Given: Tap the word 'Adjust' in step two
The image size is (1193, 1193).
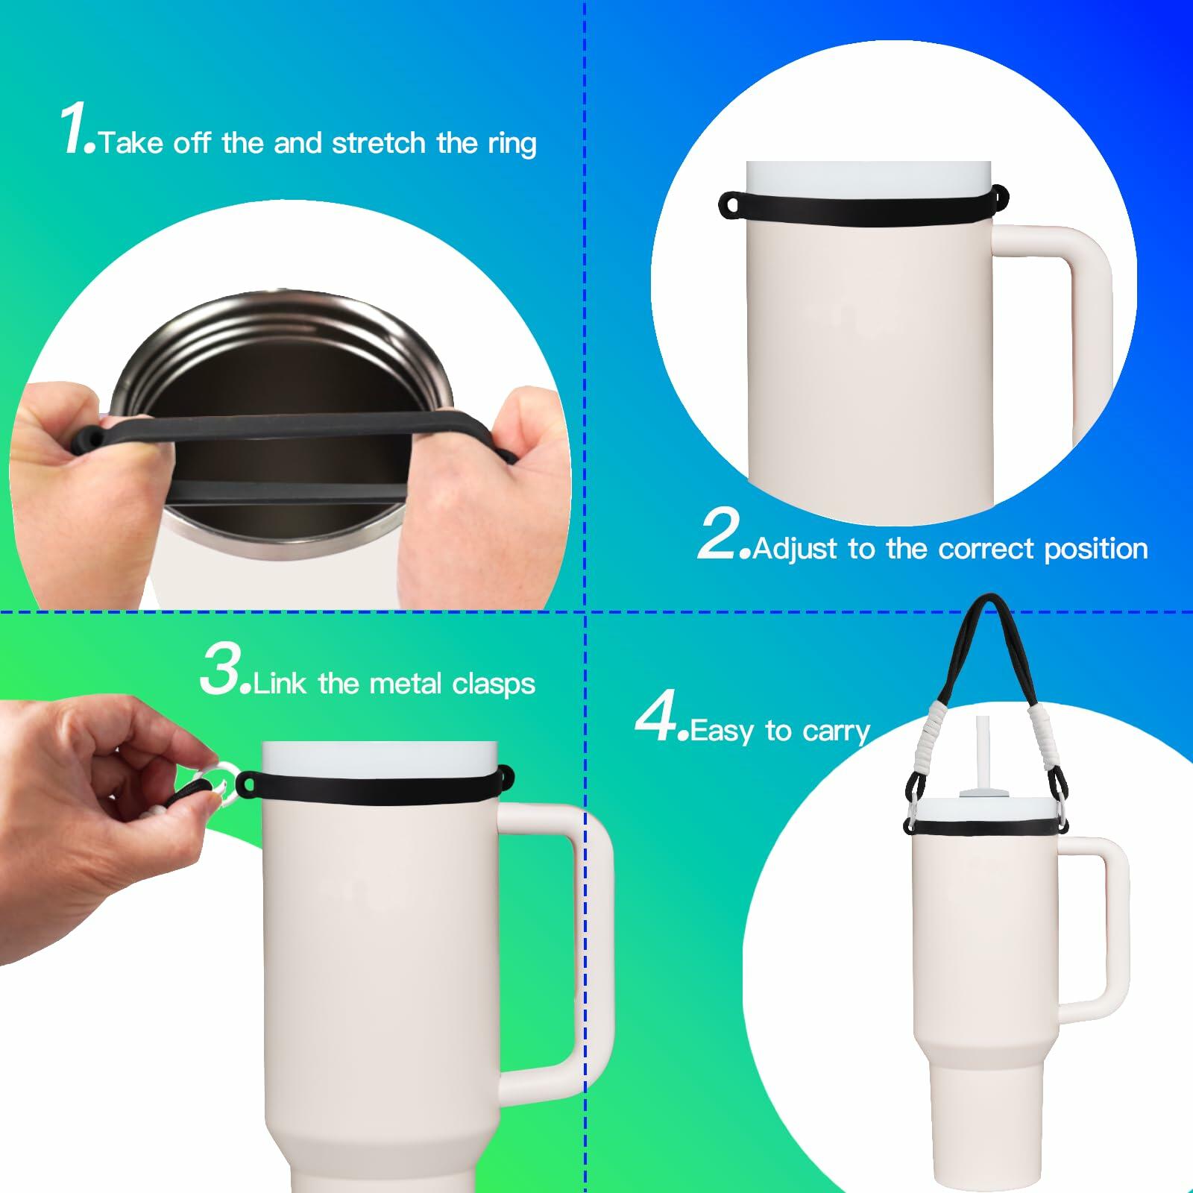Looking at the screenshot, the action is pos(796,550).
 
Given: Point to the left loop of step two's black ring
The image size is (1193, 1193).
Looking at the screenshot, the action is pos(732,205).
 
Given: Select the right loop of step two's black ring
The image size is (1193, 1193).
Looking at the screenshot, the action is pos(999,198).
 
